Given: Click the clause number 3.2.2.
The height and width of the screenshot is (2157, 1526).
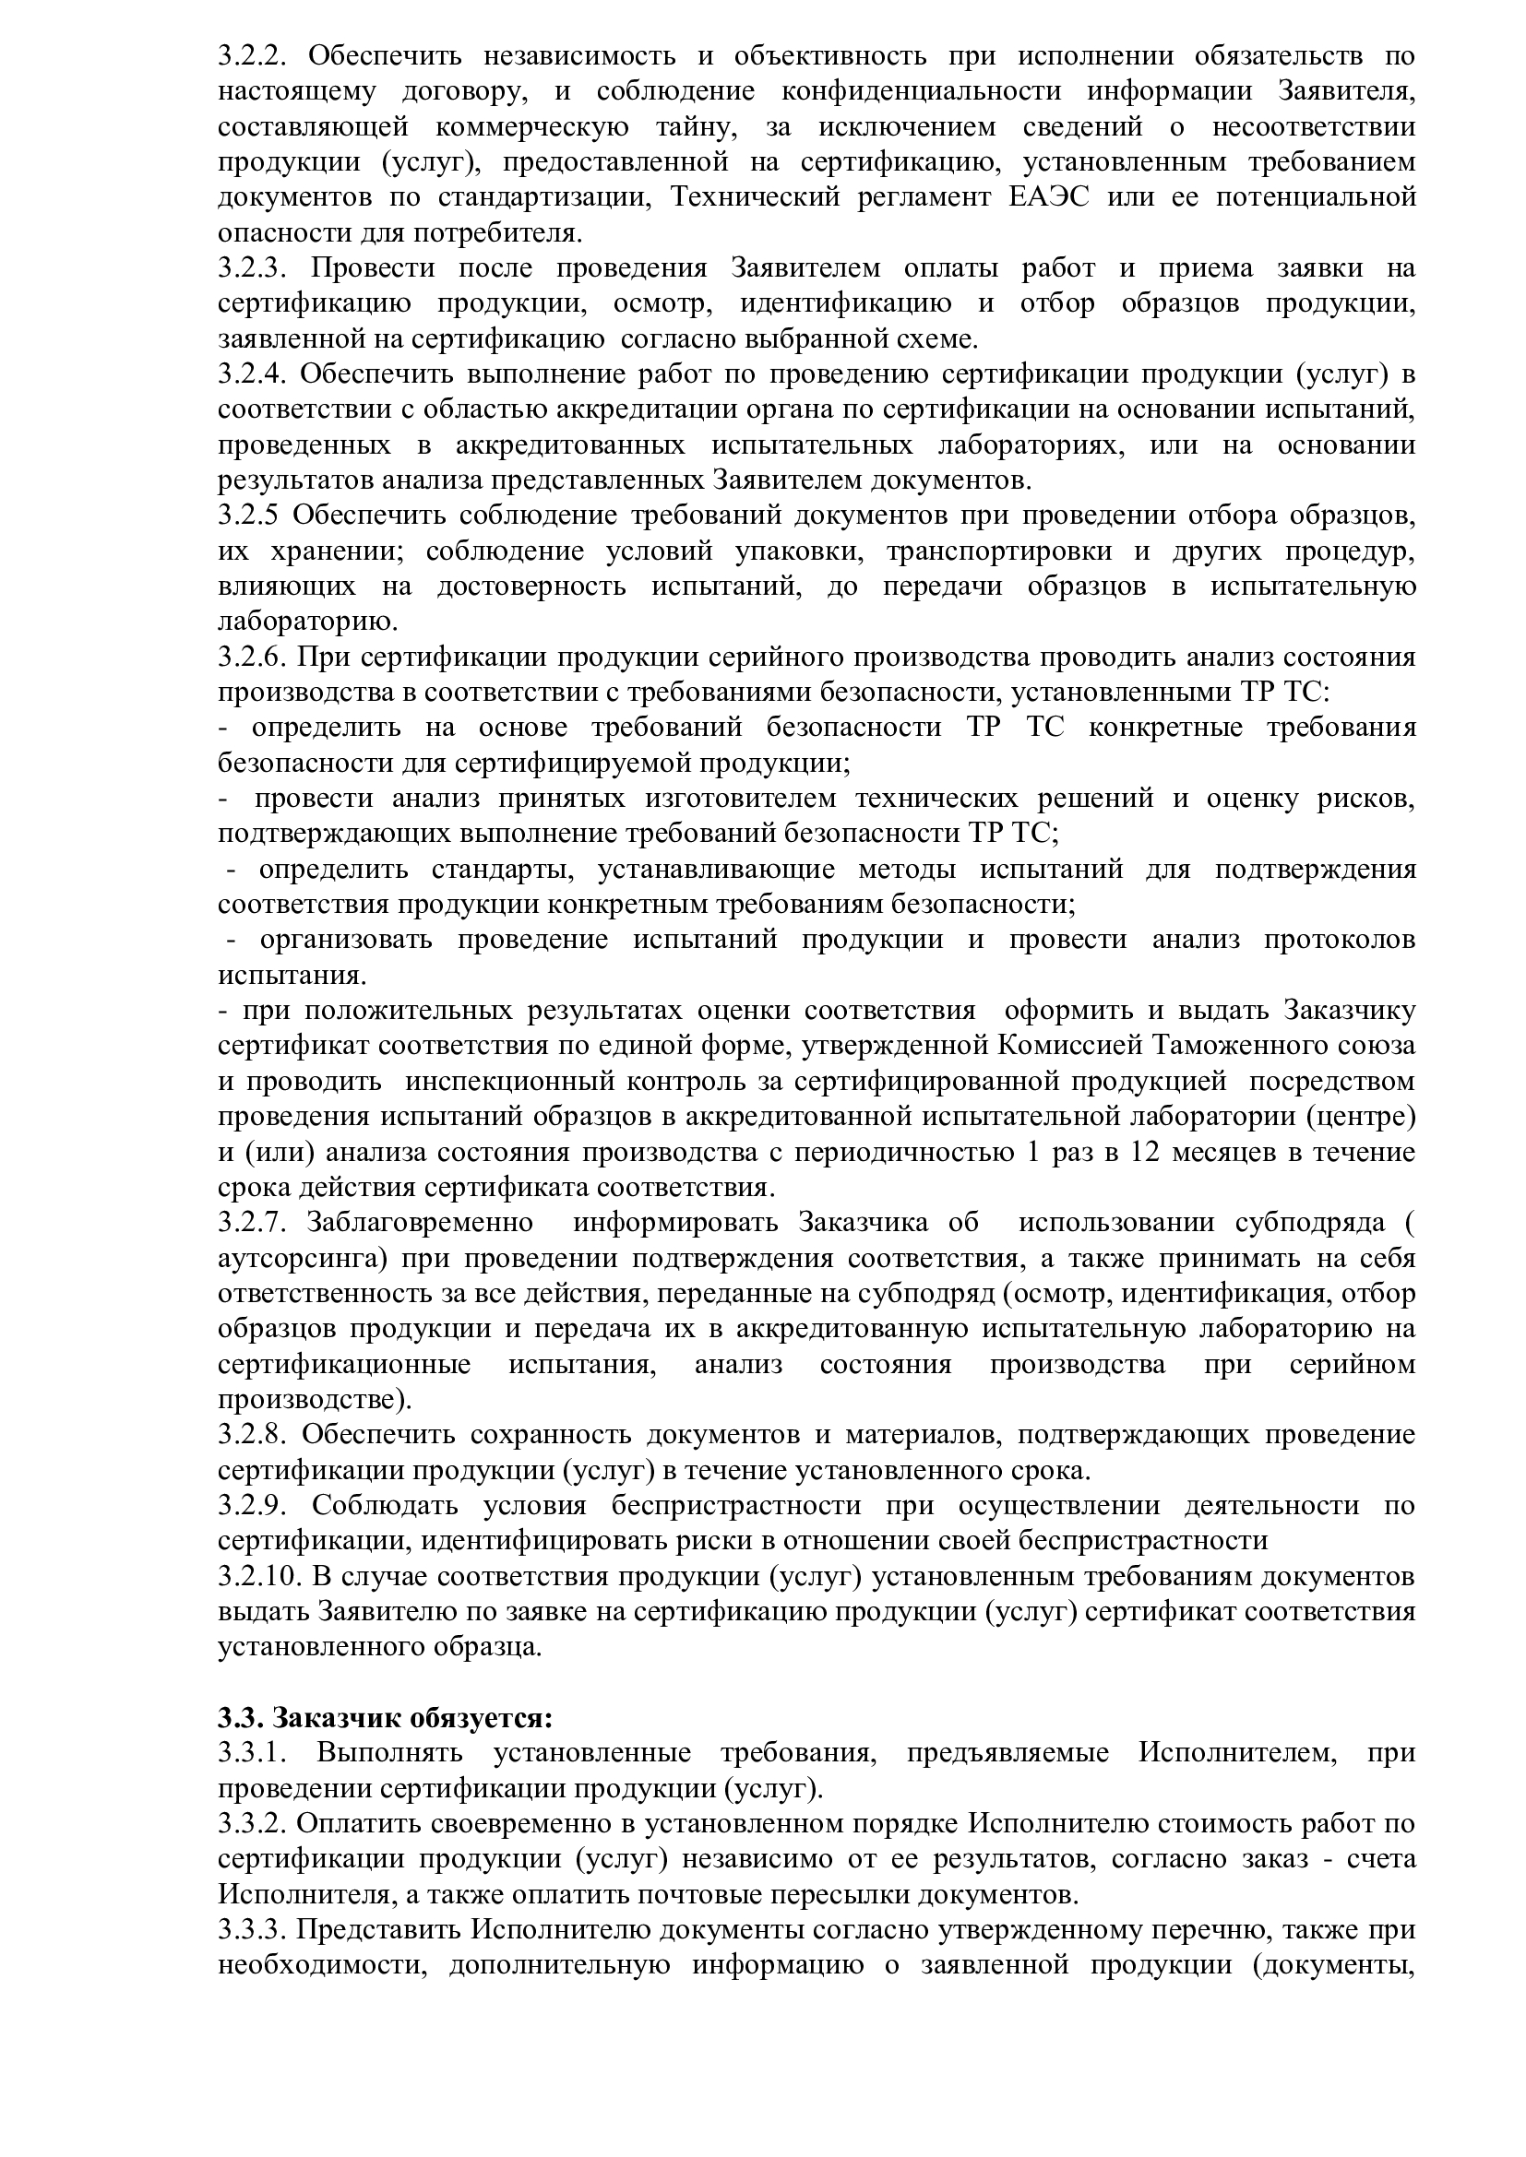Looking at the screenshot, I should (251, 56).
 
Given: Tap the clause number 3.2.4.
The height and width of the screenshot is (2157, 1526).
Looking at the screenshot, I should (251, 373).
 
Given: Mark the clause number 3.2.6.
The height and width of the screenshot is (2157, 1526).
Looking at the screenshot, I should (251, 657).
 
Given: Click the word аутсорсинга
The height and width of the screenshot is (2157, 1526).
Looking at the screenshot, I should (299, 1258).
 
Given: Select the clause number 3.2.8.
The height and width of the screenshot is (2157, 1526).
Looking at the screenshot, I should (251, 1435).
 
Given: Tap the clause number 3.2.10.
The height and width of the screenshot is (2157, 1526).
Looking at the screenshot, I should (257, 1575).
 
